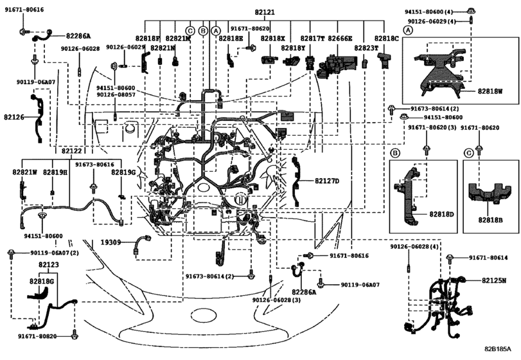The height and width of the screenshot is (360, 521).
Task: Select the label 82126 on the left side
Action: [14, 118]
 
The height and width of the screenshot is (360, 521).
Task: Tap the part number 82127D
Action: [327, 181]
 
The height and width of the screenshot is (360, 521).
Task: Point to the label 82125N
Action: [494, 280]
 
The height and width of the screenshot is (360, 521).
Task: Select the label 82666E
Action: [340, 39]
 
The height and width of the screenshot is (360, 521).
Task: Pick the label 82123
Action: [49, 264]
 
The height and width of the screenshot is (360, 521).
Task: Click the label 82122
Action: [71, 150]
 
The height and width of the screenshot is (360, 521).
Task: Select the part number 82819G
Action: [123, 172]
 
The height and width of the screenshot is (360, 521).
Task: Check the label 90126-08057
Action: [116, 95]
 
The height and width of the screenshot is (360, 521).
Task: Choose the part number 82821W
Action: [24, 172]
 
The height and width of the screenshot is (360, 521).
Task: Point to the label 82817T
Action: [313, 39]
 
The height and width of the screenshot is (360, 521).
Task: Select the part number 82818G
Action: [41, 281]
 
